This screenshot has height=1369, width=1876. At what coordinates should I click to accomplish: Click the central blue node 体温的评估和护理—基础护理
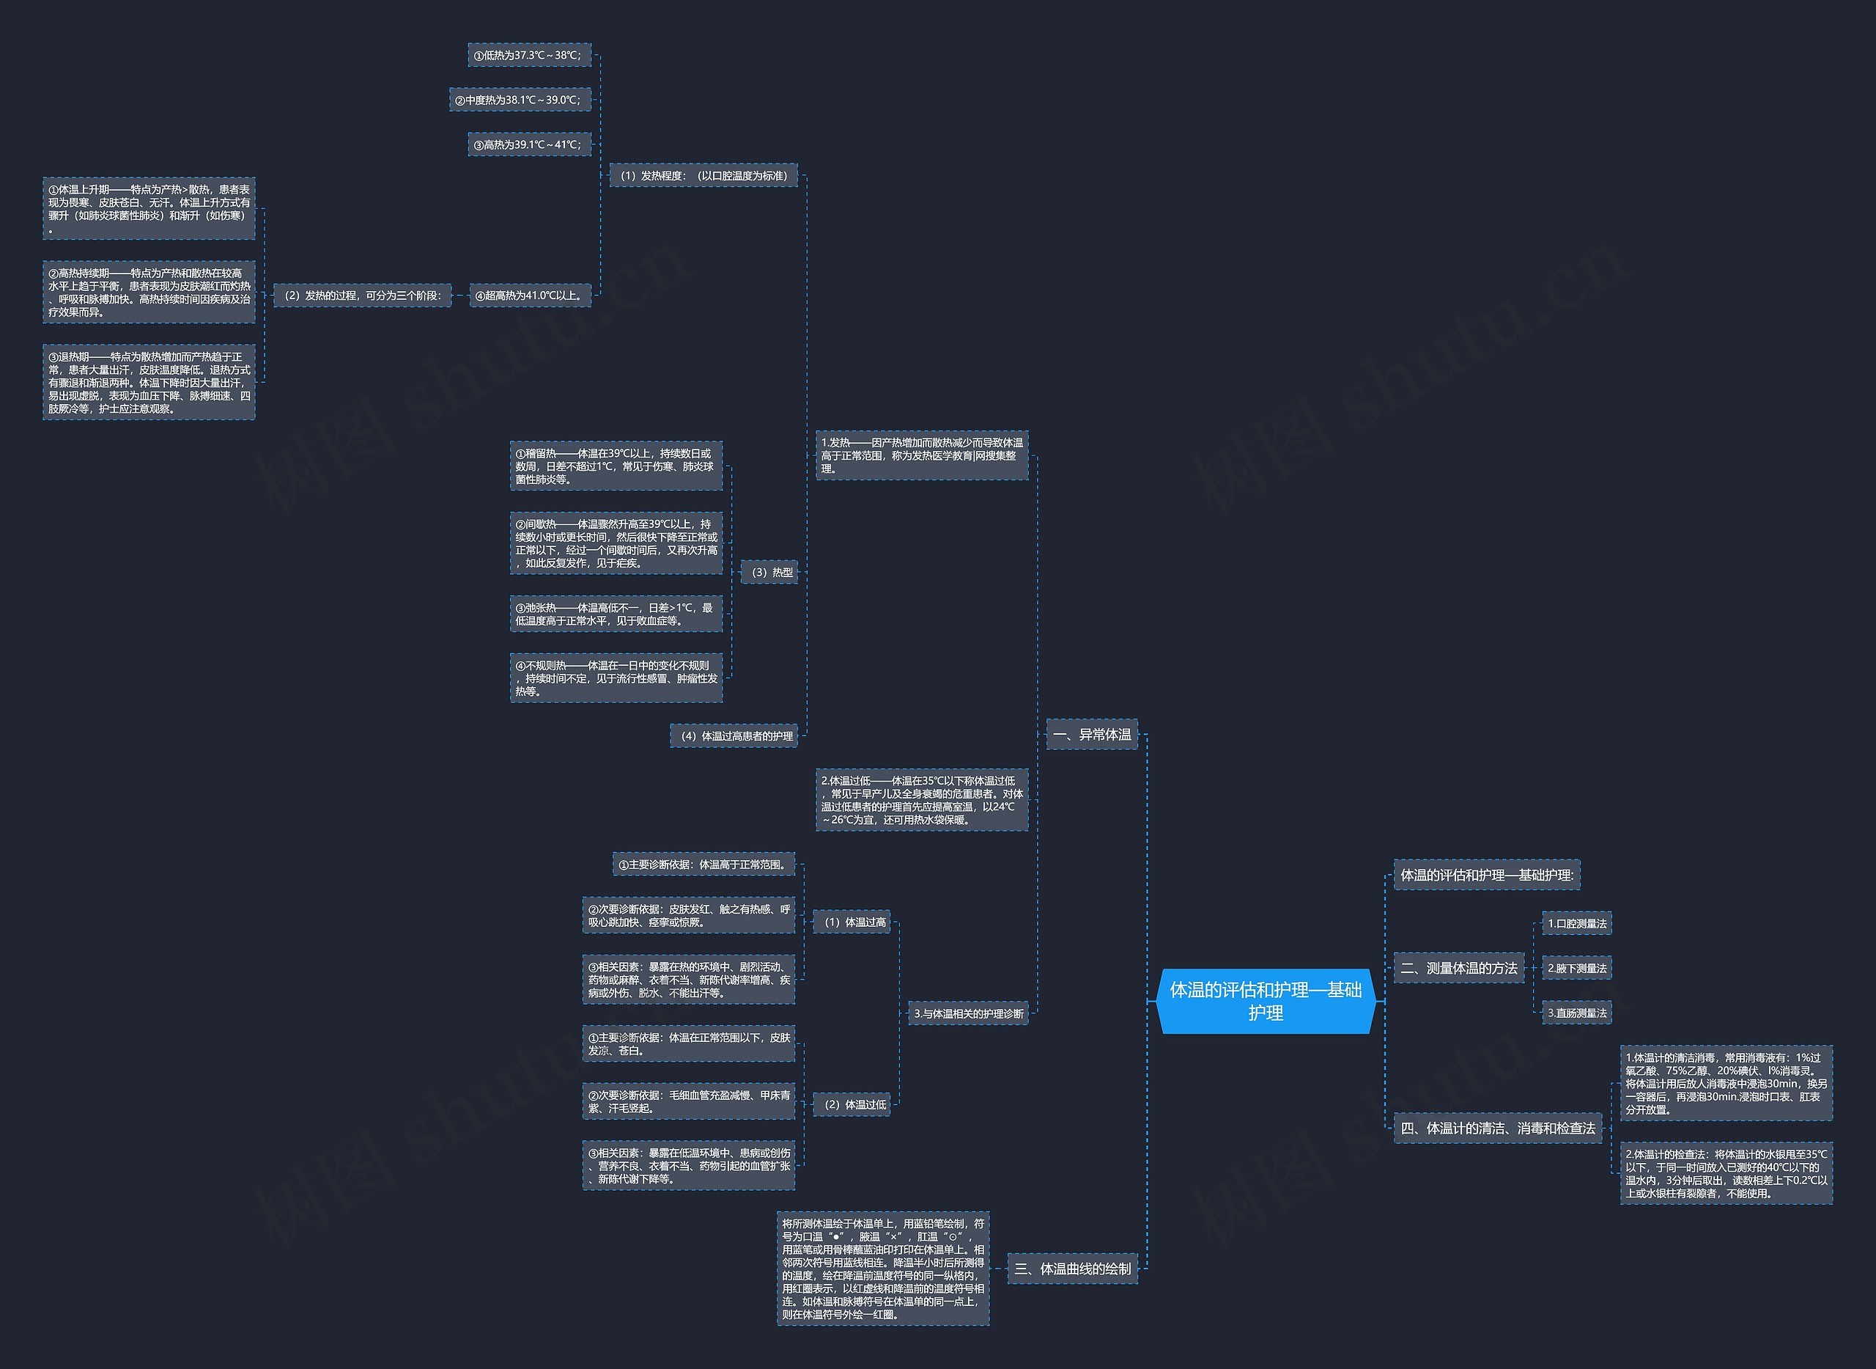[x=1266, y=1001]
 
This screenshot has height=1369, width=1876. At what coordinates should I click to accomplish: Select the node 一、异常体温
[x=1092, y=734]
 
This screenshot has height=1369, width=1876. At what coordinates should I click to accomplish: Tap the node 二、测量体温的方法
[x=1458, y=968]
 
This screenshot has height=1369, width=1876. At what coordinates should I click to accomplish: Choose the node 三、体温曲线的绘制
[x=1073, y=1269]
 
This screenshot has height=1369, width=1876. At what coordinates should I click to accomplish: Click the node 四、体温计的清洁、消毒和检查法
[x=1497, y=1128]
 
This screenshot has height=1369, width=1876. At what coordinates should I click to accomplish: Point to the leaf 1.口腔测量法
[x=1577, y=923]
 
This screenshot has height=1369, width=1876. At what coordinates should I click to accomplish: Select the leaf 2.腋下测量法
[x=1577, y=968]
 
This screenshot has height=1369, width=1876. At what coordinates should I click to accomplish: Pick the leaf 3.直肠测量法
[x=1577, y=1013]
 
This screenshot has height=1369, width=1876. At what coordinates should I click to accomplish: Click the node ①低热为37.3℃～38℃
[x=529, y=55]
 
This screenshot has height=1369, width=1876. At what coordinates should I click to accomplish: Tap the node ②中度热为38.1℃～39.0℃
[x=520, y=100]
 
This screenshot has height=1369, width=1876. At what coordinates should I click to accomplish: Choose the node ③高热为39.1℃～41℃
[x=529, y=144]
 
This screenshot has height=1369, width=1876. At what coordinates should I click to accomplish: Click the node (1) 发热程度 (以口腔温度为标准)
[x=703, y=175]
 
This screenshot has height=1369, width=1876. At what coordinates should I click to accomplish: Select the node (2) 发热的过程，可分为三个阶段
[x=363, y=295]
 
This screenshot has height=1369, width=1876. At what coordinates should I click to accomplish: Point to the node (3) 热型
[x=769, y=572]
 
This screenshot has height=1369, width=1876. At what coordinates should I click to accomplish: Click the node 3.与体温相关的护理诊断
[x=968, y=1013]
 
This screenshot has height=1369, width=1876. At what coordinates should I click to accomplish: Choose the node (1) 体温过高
[x=852, y=922]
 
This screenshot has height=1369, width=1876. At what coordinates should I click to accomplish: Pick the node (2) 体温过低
[x=852, y=1104]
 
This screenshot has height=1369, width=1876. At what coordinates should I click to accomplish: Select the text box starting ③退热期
[x=149, y=382]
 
